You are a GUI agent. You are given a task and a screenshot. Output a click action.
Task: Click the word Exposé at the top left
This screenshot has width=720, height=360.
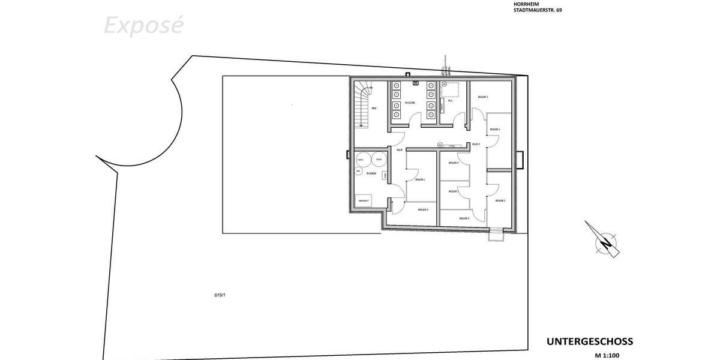click(143, 26)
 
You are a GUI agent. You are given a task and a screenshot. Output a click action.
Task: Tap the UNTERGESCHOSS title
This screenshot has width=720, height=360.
click(589, 341)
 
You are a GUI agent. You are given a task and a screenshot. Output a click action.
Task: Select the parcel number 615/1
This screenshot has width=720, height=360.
click(219, 295)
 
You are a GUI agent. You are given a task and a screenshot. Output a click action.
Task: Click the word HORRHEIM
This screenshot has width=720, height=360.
click(526, 4)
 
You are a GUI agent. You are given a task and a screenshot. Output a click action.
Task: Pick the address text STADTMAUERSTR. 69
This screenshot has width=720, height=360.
click(538, 10)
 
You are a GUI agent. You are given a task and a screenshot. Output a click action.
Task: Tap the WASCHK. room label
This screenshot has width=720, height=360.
click(410, 103)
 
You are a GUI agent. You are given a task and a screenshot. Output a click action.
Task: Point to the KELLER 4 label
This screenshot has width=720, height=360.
click(495, 130)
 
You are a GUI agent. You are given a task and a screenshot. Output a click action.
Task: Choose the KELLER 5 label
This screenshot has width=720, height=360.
click(500, 200)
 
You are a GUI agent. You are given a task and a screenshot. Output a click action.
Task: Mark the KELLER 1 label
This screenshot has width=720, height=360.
click(420, 179)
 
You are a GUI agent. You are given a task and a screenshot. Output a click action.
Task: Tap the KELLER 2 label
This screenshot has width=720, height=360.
click(422, 210)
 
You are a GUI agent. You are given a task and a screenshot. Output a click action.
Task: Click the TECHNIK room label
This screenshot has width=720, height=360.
click(371, 173)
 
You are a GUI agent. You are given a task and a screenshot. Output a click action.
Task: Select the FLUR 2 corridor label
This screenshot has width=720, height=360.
click(476, 145)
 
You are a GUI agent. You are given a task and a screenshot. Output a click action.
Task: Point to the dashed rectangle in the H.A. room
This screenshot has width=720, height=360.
click(450, 89)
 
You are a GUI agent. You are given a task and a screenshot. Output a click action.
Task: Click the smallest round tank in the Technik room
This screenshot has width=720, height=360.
click(358, 171)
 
